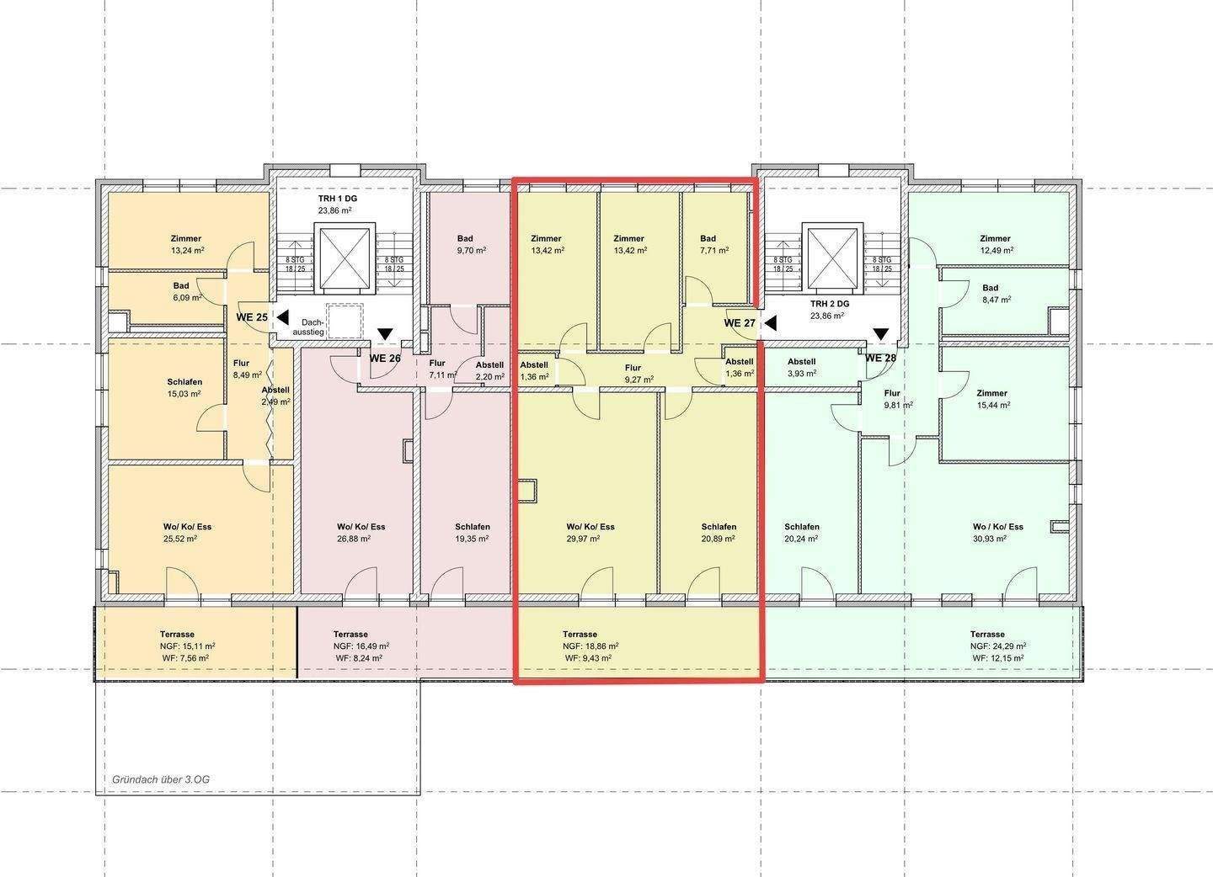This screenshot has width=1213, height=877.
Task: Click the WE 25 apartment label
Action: point(252,317)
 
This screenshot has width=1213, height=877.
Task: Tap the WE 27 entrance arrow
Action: point(771,323)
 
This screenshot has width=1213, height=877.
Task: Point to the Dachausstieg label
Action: point(308,327)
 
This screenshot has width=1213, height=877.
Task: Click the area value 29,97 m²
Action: point(583,539)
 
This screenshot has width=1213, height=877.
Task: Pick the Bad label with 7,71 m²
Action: point(708,238)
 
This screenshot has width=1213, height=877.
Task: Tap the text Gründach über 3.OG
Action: point(161,779)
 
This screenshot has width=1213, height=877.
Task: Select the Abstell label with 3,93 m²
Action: point(801,361)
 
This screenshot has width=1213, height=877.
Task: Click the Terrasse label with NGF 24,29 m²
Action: point(987,634)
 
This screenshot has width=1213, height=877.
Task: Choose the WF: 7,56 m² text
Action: point(185,658)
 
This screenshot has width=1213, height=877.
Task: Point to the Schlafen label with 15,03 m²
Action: point(184,382)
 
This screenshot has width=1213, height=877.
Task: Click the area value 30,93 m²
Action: point(990,539)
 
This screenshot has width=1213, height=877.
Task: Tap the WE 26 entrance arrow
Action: point(386,334)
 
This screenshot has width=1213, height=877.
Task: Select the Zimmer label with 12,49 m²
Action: point(996,238)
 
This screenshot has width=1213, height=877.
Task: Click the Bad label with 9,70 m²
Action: point(465,238)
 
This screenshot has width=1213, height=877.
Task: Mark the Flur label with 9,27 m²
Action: point(633,368)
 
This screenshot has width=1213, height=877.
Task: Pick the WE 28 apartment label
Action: point(880,359)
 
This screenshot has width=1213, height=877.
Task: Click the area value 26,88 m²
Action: point(354,539)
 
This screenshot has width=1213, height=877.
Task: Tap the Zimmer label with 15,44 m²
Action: point(992,393)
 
